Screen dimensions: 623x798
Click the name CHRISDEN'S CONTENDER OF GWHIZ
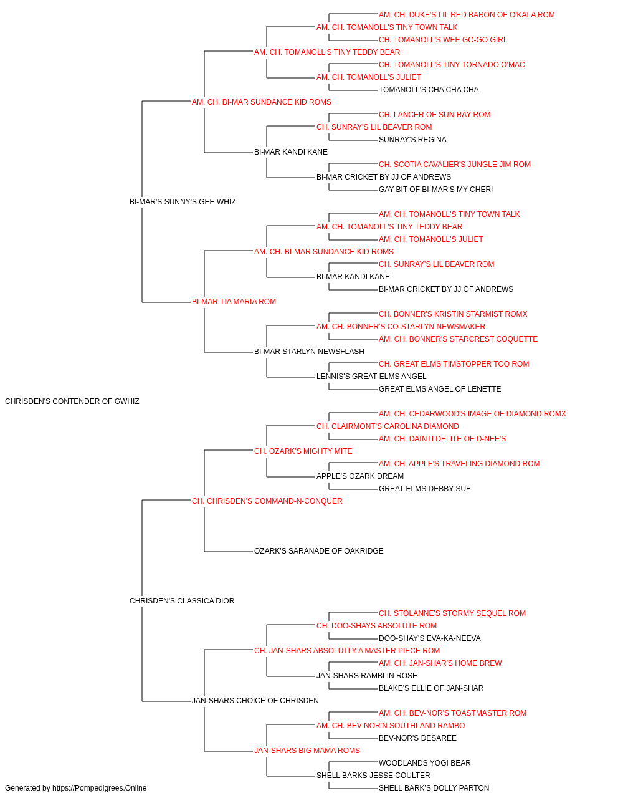[x=72, y=401]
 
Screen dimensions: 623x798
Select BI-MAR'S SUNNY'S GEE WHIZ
[x=183, y=202]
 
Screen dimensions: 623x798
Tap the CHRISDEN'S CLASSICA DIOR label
[x=182, y=601]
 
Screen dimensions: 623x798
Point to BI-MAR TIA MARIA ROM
[x=234, y=302]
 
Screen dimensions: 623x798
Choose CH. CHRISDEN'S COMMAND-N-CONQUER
[x=267, y=501]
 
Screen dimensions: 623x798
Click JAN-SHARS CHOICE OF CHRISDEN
[x=255, y=701]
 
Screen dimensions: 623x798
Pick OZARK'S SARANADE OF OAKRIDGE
[x=318, y=551]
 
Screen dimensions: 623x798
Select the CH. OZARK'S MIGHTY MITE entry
[x=303, y=451]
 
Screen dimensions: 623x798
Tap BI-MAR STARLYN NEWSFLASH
[x=309, y=352]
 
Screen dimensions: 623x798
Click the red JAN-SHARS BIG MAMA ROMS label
[x=307, y=751]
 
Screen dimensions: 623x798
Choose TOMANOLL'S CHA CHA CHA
[x=429, y=90]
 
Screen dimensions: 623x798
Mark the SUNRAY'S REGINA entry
[x=412, y=140]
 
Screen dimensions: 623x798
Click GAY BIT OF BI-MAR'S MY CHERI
[x=435, y=190]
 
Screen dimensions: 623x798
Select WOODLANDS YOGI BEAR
[x=424, y=763]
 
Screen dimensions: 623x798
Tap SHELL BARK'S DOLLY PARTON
[x=434, y=788]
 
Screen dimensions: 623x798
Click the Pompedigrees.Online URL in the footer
[x=99, y=788]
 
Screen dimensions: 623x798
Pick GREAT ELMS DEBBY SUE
[x=424, y=489]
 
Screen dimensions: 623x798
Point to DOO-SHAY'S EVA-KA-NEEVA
[x=430, y=638]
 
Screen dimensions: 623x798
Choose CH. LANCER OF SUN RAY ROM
[x=434, y=115]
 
